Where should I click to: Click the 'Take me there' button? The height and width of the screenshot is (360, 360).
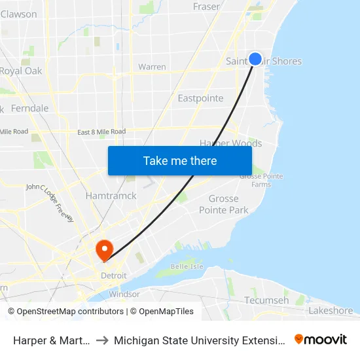[180, 160]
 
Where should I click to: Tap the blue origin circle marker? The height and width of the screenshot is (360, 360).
[255, 59]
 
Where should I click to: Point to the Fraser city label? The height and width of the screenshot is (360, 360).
[206, 7]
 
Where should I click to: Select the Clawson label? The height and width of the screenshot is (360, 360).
[19, 14]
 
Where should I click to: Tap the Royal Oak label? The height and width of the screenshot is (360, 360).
[21, 71]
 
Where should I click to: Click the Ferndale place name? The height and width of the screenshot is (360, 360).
[30, 108]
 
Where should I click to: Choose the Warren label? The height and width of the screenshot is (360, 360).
[152, 67]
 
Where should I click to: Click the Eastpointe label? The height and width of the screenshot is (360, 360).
[201, 98]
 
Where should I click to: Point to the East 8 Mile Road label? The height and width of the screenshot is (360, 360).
[101, 132]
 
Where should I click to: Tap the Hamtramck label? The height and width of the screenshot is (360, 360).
[111, 195]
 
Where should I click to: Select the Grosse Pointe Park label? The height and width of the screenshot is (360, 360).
[224, 204]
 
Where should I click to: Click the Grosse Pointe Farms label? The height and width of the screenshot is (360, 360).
[255, 180]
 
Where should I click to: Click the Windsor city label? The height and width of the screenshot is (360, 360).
[124, 294]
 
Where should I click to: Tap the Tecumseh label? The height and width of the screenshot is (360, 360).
[266, 300]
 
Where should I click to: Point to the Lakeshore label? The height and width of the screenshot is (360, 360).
[331, 310]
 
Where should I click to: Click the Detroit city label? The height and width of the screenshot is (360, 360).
[113, 276]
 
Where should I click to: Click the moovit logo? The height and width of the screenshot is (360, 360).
[321, 339]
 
